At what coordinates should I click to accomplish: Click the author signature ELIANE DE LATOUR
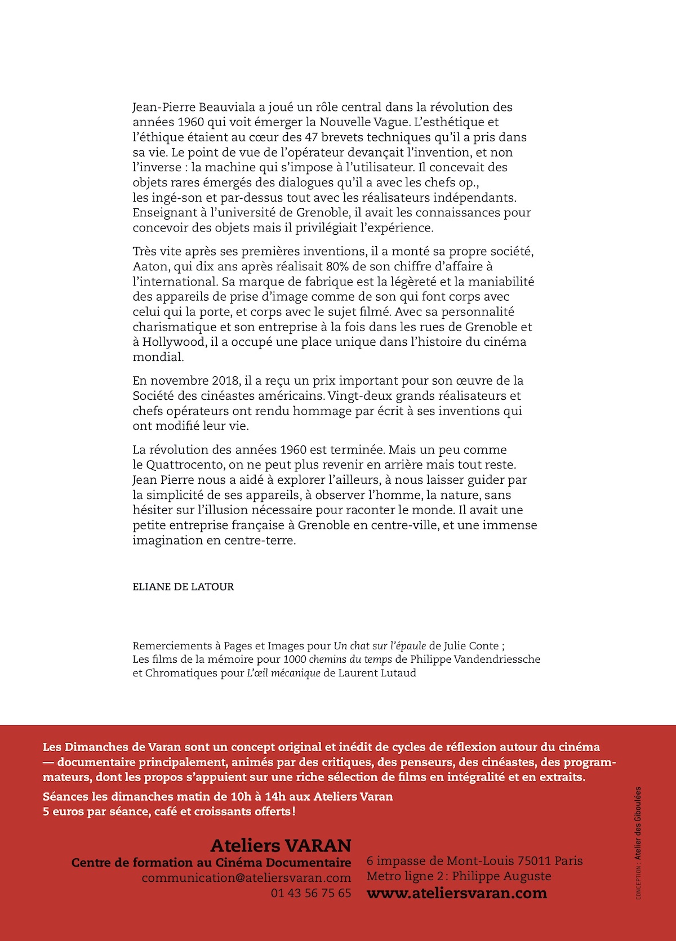[183, 587]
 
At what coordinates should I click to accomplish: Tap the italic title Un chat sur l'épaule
[380, 646]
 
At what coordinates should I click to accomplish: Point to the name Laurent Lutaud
[377, 673]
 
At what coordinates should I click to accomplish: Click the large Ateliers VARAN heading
[281, 845]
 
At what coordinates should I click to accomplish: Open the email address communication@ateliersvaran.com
[246, 878]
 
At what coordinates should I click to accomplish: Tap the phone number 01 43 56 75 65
[311, 893]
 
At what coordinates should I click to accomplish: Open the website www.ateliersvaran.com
[456, 893]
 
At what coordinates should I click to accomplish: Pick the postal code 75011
[534, 861]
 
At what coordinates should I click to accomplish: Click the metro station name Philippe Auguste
[501, 876]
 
